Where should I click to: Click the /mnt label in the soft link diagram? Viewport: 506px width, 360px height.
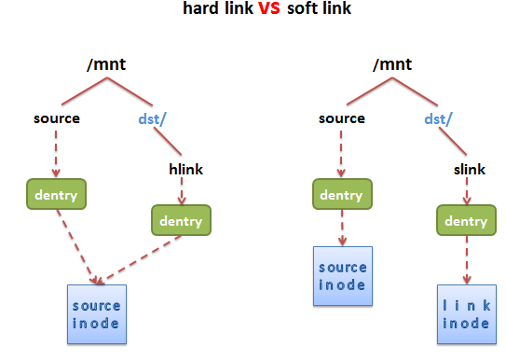[x=390, y=65]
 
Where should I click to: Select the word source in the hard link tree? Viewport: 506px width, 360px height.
[x=57, y=119]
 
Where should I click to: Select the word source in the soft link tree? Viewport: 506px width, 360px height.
[x=342, y=119]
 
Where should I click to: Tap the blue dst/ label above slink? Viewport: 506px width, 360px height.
[x=438, y=119]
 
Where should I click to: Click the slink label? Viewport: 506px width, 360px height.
[x=468, y=169]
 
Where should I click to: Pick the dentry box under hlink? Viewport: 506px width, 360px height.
[x=181, y=220]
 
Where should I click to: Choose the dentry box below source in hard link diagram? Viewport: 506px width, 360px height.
[x=56, y=196]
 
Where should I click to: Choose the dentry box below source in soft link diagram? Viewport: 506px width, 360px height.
[x=341, y=196]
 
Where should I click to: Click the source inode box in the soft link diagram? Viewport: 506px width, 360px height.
[x=342, y=276]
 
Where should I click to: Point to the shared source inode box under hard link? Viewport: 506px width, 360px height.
[x=96, y=314]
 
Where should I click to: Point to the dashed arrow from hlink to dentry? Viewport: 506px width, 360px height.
[x=182, y=190]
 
